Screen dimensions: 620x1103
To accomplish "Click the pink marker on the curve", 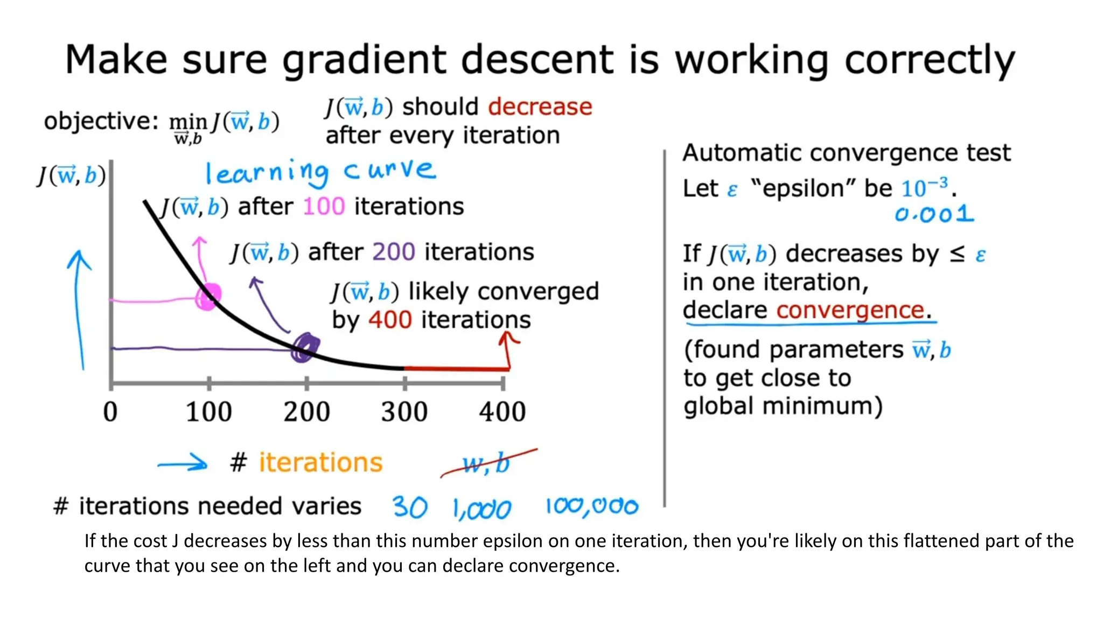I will [208, 297].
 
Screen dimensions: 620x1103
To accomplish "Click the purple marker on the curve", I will [305, 347].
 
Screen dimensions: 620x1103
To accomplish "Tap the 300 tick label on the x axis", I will [404, 412].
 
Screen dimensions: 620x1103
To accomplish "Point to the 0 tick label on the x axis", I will [110, 412].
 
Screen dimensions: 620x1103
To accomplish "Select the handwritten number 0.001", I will [934, 215].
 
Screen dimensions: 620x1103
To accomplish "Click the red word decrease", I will [540, 107].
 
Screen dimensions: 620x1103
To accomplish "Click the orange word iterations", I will [320, 463].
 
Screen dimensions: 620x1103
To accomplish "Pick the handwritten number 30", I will [410, 507].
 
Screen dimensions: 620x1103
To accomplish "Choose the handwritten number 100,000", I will [591, 506].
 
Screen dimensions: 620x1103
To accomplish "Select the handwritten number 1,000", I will [481, 509].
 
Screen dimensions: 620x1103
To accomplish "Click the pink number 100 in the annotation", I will [323, 207].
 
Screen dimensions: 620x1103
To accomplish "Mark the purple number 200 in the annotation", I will [394, 252].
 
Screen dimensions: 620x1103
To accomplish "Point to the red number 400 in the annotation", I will [390, 320].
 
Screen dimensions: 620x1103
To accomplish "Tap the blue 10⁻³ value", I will [924, 188].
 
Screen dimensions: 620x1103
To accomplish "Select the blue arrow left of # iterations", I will [183, 463].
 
